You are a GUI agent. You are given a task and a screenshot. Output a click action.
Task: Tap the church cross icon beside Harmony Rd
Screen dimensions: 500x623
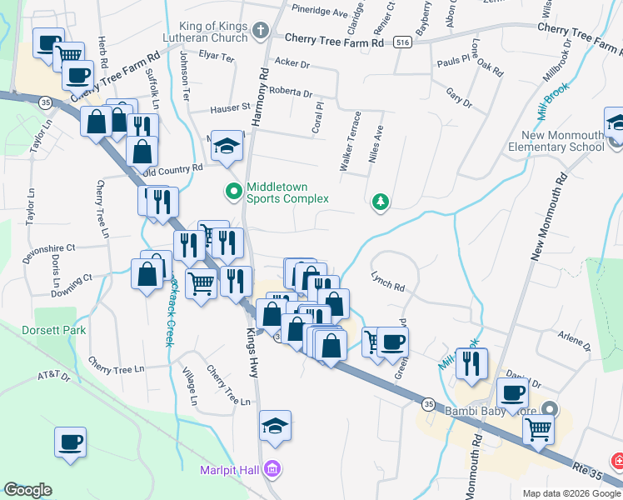click(x=261, y=32)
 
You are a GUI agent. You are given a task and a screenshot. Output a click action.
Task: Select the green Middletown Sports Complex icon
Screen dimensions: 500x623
click(x=234, y=192)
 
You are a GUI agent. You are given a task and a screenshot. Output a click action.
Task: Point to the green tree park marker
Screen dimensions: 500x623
click(x=381, y=201)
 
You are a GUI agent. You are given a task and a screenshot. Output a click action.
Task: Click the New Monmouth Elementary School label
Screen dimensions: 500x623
click(x=562, y=142)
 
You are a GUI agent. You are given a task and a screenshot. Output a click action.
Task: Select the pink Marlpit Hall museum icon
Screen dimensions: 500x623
click(x=271, y=470)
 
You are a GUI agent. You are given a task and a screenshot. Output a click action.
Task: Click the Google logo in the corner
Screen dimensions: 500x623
click(x=27, y=490)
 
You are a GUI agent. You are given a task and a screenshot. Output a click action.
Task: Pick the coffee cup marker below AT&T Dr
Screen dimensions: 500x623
click(x=71, y=441)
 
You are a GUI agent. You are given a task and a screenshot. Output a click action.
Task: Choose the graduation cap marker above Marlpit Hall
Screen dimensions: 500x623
click(x=275, y=425)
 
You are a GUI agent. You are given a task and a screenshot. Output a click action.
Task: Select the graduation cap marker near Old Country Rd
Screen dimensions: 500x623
click(x=226, y=146)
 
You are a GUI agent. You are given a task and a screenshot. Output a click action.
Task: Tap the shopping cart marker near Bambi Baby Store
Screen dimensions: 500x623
click(x=538, y=429)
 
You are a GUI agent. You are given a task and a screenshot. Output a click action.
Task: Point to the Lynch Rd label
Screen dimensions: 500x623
click(x=387, y=287)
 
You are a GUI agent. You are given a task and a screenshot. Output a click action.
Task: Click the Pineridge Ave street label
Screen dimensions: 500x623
click(x=319, y=13)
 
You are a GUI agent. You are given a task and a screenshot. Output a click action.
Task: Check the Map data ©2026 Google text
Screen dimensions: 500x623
click(x=571, y=493)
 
